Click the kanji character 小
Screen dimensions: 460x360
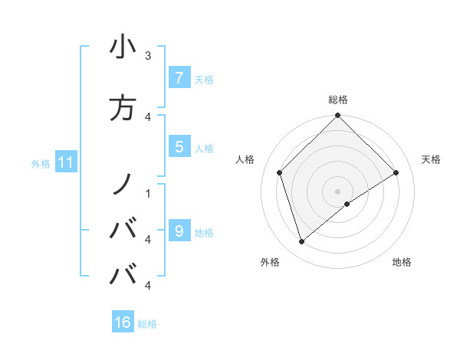(x=123, y=47)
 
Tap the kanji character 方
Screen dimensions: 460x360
(x=123, y=108)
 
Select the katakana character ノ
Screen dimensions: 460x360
(x=123, y=184)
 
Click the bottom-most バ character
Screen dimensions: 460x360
(x=123, y=273)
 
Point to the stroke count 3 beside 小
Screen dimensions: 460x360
(x=148, y=55)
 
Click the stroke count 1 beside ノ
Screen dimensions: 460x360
(x=148, y=193)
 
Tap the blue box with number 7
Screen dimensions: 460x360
(x=179, y=77)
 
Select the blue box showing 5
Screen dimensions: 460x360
(x=179, y=147)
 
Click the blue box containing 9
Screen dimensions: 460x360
(x=179, y=231)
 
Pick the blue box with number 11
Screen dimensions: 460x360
(x=65, y=162)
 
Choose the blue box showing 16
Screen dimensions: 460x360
(x=123, y=322)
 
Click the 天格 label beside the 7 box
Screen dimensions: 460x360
(x=204, y=79)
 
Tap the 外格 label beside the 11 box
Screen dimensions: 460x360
(x=41, y=163)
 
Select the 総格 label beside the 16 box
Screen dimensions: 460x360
(x=147, y=324)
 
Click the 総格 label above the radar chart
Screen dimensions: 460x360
(x=337, y=100)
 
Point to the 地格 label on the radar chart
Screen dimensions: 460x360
(x=402, y=262)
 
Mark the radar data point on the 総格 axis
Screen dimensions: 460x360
(x=337, y=116)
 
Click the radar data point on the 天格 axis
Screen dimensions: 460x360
(x=396, y=173)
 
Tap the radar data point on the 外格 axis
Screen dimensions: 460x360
(x=302, y=242)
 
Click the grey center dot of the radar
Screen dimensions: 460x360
(x=337, y=191)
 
